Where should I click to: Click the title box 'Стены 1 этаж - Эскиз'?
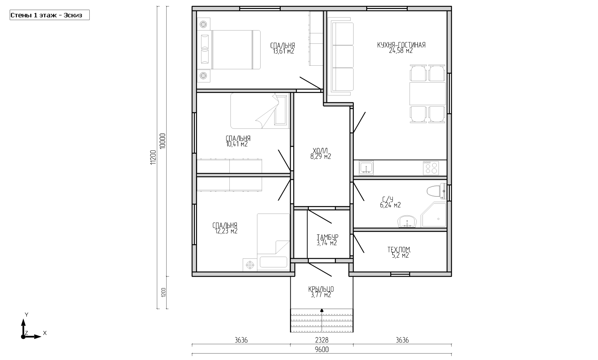(50, 15)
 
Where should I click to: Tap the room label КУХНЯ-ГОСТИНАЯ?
(401, 45)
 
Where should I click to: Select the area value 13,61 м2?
(284, 51)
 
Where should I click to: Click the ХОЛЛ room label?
(320, 151)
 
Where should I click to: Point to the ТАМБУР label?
(328, 237)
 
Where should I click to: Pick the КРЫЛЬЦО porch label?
(321, 289)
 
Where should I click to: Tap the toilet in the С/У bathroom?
(436, 191)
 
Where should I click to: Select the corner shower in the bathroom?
(434, 215)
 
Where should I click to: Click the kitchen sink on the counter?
(366, 168)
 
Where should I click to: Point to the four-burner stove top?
(431, 168)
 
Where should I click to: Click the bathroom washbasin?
(407, 221)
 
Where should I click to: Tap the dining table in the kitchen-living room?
(428, 93)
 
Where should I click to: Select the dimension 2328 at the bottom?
(322, 340)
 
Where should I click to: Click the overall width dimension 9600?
(322, 350)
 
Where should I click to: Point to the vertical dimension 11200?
(153, 158)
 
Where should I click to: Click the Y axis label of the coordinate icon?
(27, 315)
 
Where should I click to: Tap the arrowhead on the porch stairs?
(322, 310)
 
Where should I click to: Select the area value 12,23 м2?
(226, 232)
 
